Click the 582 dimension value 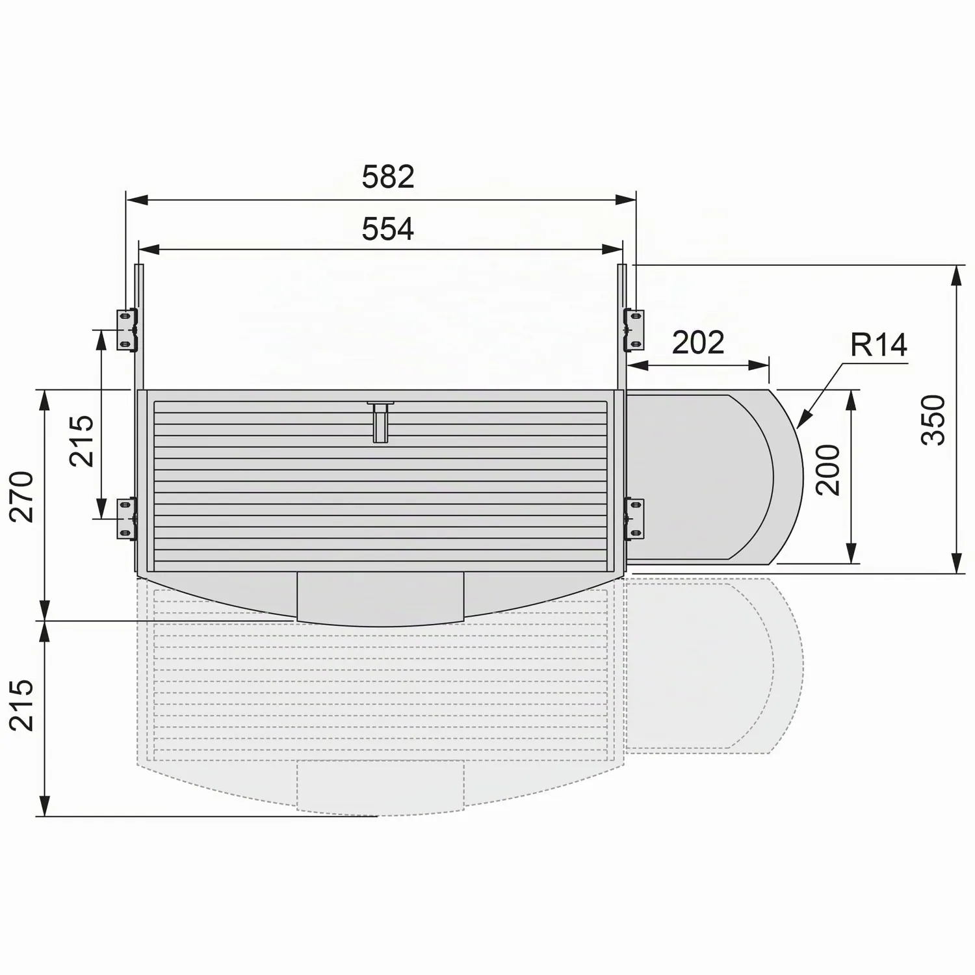coord(388,177)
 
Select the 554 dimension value coord(388,229)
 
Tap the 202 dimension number coord(698,343)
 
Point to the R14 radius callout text coord(879,344)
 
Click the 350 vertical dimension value coord(934,419)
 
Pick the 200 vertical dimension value coord(827,470)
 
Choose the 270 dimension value coord(22,497)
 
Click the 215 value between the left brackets coord(83,441)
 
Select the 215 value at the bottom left coord(22,705)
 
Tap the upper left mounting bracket coord(127,330)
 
